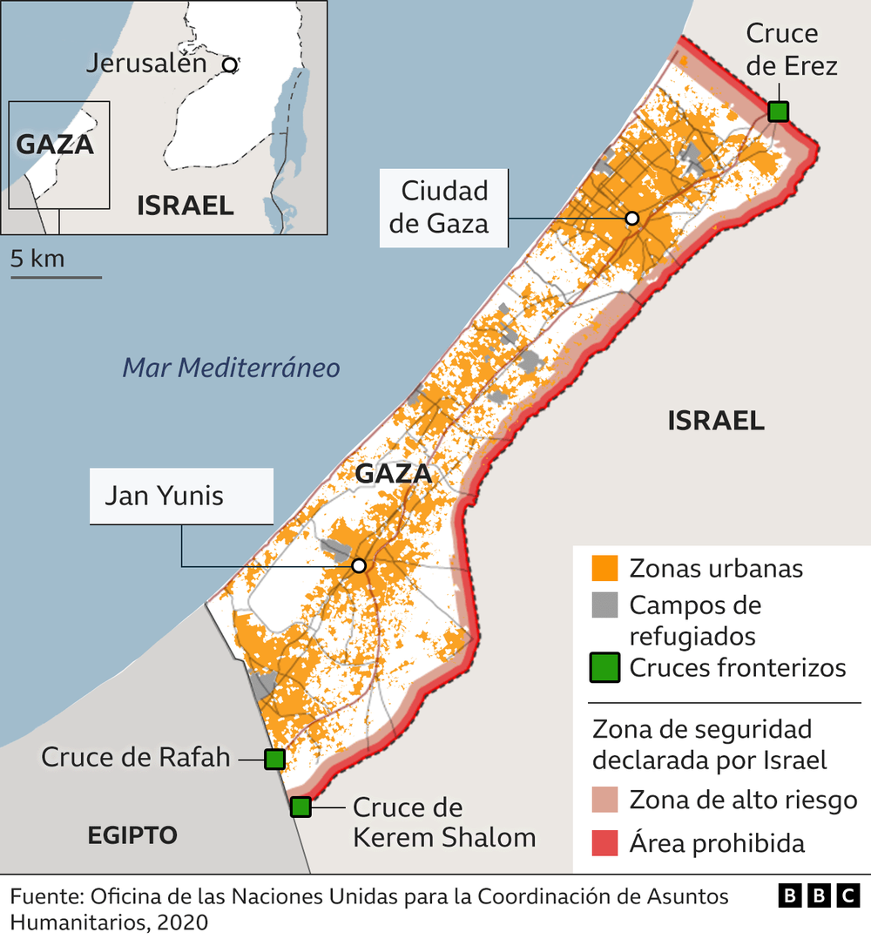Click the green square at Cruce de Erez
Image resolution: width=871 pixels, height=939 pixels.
coord(778,111)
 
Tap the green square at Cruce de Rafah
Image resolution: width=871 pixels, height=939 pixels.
coord(274,759)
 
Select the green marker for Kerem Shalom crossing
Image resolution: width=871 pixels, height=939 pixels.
coord(300,807)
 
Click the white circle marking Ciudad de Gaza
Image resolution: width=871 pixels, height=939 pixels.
coord(632,218)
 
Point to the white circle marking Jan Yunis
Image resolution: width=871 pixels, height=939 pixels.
coord(358,566)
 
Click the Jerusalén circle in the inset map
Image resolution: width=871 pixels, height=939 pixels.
coord(229,64)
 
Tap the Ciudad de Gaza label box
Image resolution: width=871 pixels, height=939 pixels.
coord(444,207)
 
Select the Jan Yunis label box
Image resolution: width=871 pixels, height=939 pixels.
coord(181,496)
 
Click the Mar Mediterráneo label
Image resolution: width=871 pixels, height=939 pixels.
coord(231,368)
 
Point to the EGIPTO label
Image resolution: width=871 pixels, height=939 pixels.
coord(132,835)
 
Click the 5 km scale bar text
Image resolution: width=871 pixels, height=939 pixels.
coord(37,259)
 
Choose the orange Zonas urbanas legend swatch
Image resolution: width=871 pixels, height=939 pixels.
coord(604,568)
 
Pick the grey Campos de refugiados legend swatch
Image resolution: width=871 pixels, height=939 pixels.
coord(604,605)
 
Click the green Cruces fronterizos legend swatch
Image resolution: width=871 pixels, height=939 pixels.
coord(604,667)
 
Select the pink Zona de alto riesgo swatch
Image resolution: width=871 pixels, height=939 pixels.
coord(604,799)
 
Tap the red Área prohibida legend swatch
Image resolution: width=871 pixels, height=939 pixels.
coord(604,842)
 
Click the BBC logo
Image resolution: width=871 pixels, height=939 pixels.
coord(818,895)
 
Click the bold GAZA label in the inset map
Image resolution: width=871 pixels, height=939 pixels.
coord(56,144)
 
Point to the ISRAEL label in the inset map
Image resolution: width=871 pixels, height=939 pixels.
coord(185,206)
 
